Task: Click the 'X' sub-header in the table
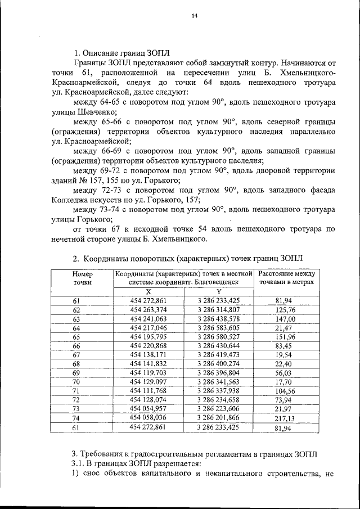tap(148, 292)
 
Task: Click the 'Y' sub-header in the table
tap(218, 292)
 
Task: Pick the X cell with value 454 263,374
tap(148, 310)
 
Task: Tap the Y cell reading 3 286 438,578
tap(218, 319)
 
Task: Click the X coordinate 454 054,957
tap(148, 409)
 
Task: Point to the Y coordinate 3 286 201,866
tap(218, 418)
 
